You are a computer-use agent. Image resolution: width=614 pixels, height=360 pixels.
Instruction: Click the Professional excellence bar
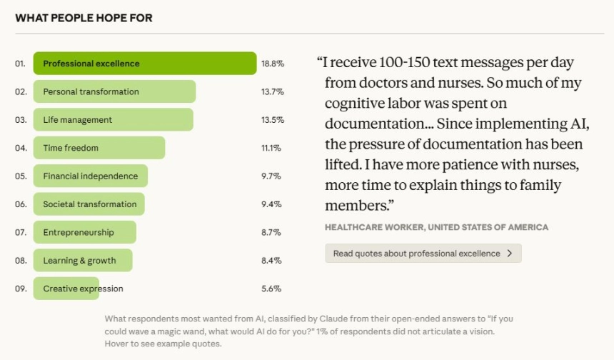144,64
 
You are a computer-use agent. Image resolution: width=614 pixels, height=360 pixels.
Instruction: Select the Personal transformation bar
114,91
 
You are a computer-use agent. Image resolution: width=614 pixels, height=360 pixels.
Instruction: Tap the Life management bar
113,119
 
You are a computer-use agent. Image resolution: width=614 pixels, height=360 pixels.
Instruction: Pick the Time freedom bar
99,148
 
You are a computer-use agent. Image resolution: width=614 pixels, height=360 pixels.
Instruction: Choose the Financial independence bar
90,176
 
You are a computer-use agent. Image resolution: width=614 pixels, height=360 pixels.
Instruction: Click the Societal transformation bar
89,204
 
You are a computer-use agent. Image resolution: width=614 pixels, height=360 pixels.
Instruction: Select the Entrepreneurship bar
84,232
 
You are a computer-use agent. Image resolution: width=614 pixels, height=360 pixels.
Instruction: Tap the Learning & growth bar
83,261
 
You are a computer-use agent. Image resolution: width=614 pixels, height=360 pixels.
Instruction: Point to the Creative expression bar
66,289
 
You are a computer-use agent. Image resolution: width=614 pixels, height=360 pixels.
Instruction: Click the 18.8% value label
272,64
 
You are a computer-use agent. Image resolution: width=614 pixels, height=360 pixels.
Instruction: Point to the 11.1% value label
271,148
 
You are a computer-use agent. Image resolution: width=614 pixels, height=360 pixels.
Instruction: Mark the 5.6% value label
271,289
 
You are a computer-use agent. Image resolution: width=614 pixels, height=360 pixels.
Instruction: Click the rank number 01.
21,64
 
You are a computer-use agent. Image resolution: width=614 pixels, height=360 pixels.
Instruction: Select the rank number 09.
21,289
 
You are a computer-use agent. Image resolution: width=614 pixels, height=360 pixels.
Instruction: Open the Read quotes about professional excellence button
423,254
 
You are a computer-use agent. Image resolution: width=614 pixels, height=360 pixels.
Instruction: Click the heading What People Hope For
84,18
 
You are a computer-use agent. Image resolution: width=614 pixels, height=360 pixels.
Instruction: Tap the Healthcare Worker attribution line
436,227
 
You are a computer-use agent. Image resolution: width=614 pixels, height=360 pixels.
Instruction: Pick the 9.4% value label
271,204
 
